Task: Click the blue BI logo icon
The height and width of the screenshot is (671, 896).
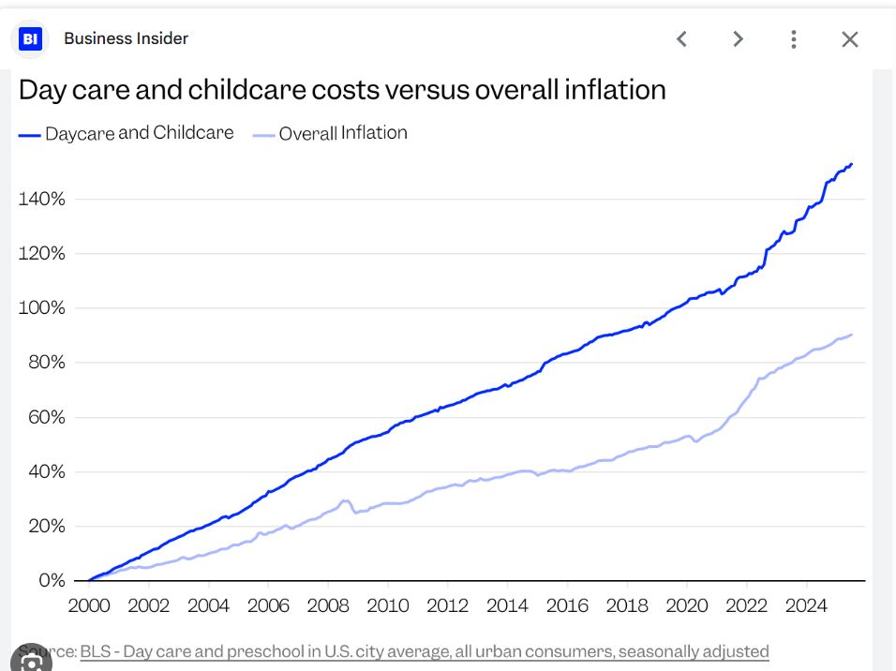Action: [x=31, y=38]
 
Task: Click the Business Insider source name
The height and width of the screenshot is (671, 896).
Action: [x=126, y=38]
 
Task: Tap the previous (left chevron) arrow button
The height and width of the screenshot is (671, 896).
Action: [x=682, y=38]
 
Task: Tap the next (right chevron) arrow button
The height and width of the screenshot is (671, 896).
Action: [x=739, y=38]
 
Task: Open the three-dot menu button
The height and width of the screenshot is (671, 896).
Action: [x=794, y=38]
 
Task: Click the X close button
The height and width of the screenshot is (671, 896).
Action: [x=850, y=38]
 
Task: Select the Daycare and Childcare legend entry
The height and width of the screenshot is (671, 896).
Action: [x=127, y=133]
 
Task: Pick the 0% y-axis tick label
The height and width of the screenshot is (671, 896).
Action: [x=50, y=580]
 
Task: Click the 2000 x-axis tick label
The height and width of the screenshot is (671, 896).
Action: [x=89, y=604]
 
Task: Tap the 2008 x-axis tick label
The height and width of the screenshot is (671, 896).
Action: [x=328, y=604]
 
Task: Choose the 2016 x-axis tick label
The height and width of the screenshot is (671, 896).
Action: [x=567, y=604]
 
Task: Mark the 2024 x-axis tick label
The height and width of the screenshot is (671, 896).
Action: [x=806, y=604]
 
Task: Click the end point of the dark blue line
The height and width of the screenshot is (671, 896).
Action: [x=851, y=164]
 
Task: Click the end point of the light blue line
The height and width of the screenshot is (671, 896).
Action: [x=851, y=335]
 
